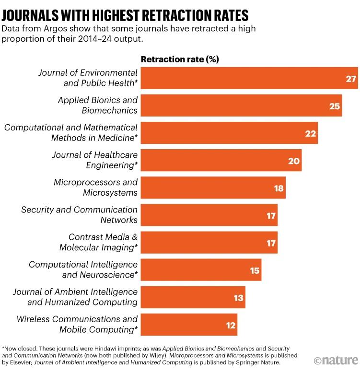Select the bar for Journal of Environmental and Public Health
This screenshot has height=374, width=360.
(249, 78)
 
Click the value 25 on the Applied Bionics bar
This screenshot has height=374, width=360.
(335, 105)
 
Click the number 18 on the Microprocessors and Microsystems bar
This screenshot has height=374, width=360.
(279, 187)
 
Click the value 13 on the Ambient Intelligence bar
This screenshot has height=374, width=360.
(238, 297)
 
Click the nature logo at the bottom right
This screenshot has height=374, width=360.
(336, 360)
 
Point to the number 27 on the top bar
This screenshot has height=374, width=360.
(351, 78)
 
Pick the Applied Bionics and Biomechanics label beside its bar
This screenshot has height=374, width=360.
(97, 105)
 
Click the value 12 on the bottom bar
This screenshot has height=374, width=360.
(231, 325)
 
